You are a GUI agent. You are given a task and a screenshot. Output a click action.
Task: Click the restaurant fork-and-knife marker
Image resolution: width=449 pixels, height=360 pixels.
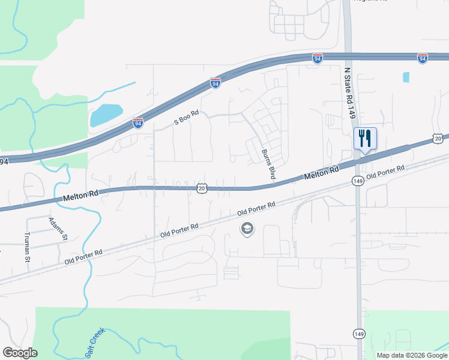[x=365, y=139]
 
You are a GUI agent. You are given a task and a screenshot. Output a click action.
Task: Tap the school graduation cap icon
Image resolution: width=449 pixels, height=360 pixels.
[x=246, y=229]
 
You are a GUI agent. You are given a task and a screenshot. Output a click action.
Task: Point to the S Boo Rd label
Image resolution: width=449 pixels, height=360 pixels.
[x=186, y=117]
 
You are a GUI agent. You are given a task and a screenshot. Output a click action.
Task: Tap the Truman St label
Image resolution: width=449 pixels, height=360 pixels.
[x=27, y=247]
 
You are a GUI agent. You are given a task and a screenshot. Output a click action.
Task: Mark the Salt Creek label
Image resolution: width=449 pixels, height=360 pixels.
[x=94, y=343]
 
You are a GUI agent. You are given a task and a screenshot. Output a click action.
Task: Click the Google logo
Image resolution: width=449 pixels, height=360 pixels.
[x=20, y=353]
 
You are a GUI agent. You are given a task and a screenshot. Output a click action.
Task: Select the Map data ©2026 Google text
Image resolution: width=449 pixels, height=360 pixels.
[x=412, y=355]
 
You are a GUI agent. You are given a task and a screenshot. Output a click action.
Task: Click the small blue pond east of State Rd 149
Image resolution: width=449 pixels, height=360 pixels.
[x=406, y=77]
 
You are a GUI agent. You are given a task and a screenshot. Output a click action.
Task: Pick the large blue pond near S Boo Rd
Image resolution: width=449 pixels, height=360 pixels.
[x=106, y=114]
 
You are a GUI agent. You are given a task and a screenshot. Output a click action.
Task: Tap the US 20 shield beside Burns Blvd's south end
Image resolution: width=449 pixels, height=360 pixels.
[x=202, y=188]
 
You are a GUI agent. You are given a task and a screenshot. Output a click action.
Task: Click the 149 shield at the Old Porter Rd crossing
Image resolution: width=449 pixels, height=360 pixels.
[x=358, y=181]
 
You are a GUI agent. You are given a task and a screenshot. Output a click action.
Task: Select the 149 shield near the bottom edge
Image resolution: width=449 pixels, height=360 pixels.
[x=359, y=333]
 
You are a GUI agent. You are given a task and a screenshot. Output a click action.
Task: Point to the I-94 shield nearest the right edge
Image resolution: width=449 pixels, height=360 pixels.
[x=423, y=58]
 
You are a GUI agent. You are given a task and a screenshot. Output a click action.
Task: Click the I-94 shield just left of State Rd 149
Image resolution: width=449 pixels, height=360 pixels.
[x=318, y=58]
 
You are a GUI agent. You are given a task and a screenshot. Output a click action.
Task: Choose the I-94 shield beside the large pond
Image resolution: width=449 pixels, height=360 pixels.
[x=139, y=122]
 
